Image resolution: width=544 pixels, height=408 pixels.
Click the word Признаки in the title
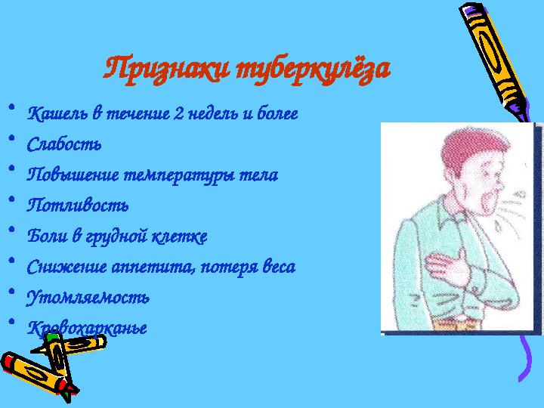165,70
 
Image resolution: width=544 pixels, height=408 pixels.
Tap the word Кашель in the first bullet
57,114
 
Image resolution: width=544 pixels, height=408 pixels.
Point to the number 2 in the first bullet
178,115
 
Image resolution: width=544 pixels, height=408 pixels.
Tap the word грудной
121,236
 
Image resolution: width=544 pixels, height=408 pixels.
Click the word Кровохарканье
87,329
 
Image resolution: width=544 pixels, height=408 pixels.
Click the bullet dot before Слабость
12,138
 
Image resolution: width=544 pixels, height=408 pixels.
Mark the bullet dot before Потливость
12,199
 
